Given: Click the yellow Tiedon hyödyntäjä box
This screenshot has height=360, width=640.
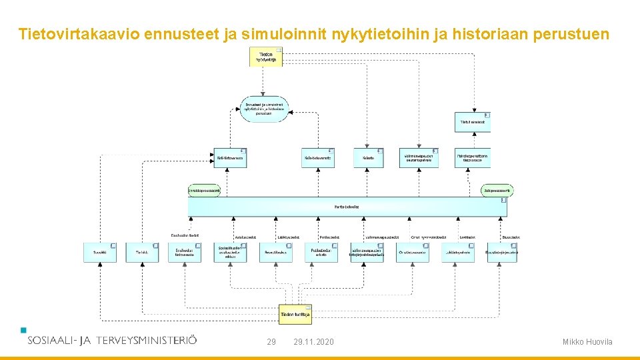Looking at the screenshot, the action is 266,57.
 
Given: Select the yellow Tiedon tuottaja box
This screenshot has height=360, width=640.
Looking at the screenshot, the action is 295,314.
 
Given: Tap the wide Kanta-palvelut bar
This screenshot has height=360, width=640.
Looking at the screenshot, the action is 347,207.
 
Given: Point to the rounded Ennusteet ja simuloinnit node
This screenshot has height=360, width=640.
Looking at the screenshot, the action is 263,109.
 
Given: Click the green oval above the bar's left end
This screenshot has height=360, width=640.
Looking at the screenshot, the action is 203,191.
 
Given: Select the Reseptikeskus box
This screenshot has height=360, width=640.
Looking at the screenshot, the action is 275,252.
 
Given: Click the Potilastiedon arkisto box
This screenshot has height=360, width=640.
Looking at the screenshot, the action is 321,252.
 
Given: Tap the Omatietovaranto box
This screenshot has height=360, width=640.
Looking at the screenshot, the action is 413,252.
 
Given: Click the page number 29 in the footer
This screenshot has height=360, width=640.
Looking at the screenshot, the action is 271,342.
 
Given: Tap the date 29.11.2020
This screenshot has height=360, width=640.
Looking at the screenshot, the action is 313,342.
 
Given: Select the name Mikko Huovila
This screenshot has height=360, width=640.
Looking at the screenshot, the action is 587,342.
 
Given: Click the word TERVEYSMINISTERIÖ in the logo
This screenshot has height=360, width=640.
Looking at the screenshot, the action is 147,340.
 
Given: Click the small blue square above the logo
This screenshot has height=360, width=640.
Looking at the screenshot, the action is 24,329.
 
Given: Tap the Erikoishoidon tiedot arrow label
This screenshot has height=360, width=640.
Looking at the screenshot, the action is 185,235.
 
